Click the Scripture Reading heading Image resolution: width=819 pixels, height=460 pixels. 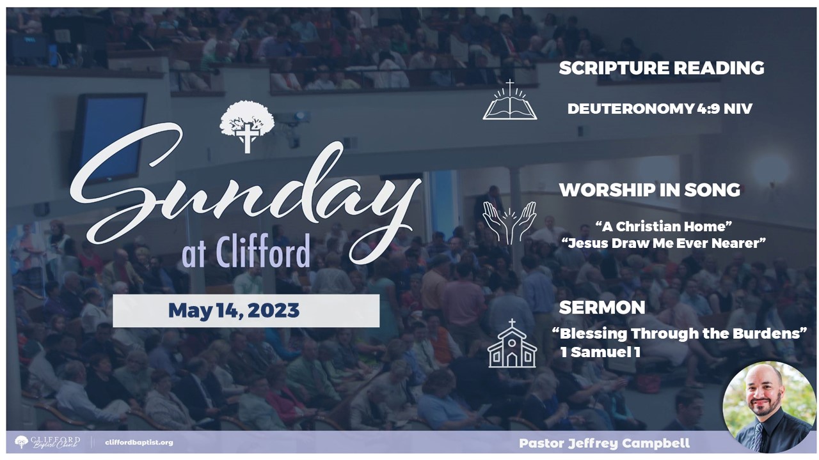(662, 68)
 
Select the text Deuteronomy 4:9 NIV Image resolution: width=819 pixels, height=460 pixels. (660, 109)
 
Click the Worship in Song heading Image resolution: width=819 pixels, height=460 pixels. (649, 190)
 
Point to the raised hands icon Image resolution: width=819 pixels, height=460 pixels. (509, 223)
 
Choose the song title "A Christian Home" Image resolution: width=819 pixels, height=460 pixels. (664, 226)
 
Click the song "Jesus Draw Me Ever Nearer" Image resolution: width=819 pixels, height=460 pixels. (664, 243)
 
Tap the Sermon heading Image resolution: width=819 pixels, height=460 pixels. (602, 307)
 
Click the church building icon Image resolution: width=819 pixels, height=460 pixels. (512, 343)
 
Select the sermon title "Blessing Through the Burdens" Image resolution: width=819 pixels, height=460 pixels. (680, 333)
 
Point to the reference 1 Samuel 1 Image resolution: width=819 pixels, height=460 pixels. (600, 352)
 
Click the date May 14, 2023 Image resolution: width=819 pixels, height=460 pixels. (234, 310)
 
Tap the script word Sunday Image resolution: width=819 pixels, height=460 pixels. (245, 194)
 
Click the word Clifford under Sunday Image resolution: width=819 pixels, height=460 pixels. (263, 251)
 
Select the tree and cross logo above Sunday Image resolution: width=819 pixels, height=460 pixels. (247, 126)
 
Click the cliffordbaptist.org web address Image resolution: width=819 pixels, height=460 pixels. (139, 443)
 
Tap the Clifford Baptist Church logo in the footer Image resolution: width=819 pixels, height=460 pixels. (47, 442)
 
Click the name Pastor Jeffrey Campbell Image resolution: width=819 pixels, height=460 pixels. (605, 443)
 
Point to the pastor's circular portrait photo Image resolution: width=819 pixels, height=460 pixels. (769, 407)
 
